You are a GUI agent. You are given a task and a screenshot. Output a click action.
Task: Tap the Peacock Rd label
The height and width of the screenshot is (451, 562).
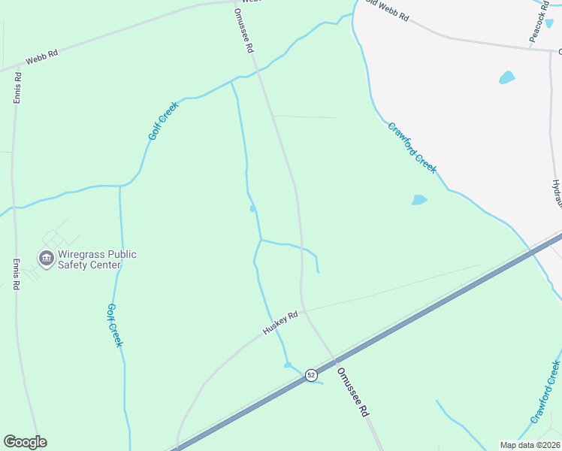coord(538,23)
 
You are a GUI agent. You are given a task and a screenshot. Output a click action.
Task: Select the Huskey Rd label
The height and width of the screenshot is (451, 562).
coord(280,323)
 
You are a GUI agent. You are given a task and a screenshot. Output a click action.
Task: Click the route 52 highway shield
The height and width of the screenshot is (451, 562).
coord(311,374)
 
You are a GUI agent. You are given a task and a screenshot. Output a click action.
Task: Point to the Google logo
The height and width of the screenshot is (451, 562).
coord(25,442)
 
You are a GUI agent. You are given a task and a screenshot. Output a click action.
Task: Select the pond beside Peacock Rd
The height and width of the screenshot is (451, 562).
coord(507,77)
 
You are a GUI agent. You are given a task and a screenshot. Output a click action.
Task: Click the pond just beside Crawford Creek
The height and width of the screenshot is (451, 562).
coord(419,200)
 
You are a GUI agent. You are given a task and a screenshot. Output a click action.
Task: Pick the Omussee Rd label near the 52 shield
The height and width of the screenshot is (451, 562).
coord(353,392)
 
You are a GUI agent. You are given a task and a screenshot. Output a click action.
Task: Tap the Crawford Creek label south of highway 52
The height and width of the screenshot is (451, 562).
coord(545,392)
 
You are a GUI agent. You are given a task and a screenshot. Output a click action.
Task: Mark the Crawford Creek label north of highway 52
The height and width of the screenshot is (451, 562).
coord(412,148)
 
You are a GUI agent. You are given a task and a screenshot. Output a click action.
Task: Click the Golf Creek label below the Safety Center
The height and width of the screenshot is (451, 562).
coord(113,325)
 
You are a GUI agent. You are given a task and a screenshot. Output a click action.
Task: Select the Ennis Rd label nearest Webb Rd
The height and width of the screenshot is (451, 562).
coord(17,87)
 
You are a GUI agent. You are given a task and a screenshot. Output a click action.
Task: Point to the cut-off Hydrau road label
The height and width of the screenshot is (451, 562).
coord(557,194)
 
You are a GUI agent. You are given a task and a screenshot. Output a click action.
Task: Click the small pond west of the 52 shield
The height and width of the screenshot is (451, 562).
coord(288,365)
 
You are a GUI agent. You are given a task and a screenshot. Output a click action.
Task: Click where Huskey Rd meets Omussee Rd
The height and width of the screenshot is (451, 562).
coord(304,310)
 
